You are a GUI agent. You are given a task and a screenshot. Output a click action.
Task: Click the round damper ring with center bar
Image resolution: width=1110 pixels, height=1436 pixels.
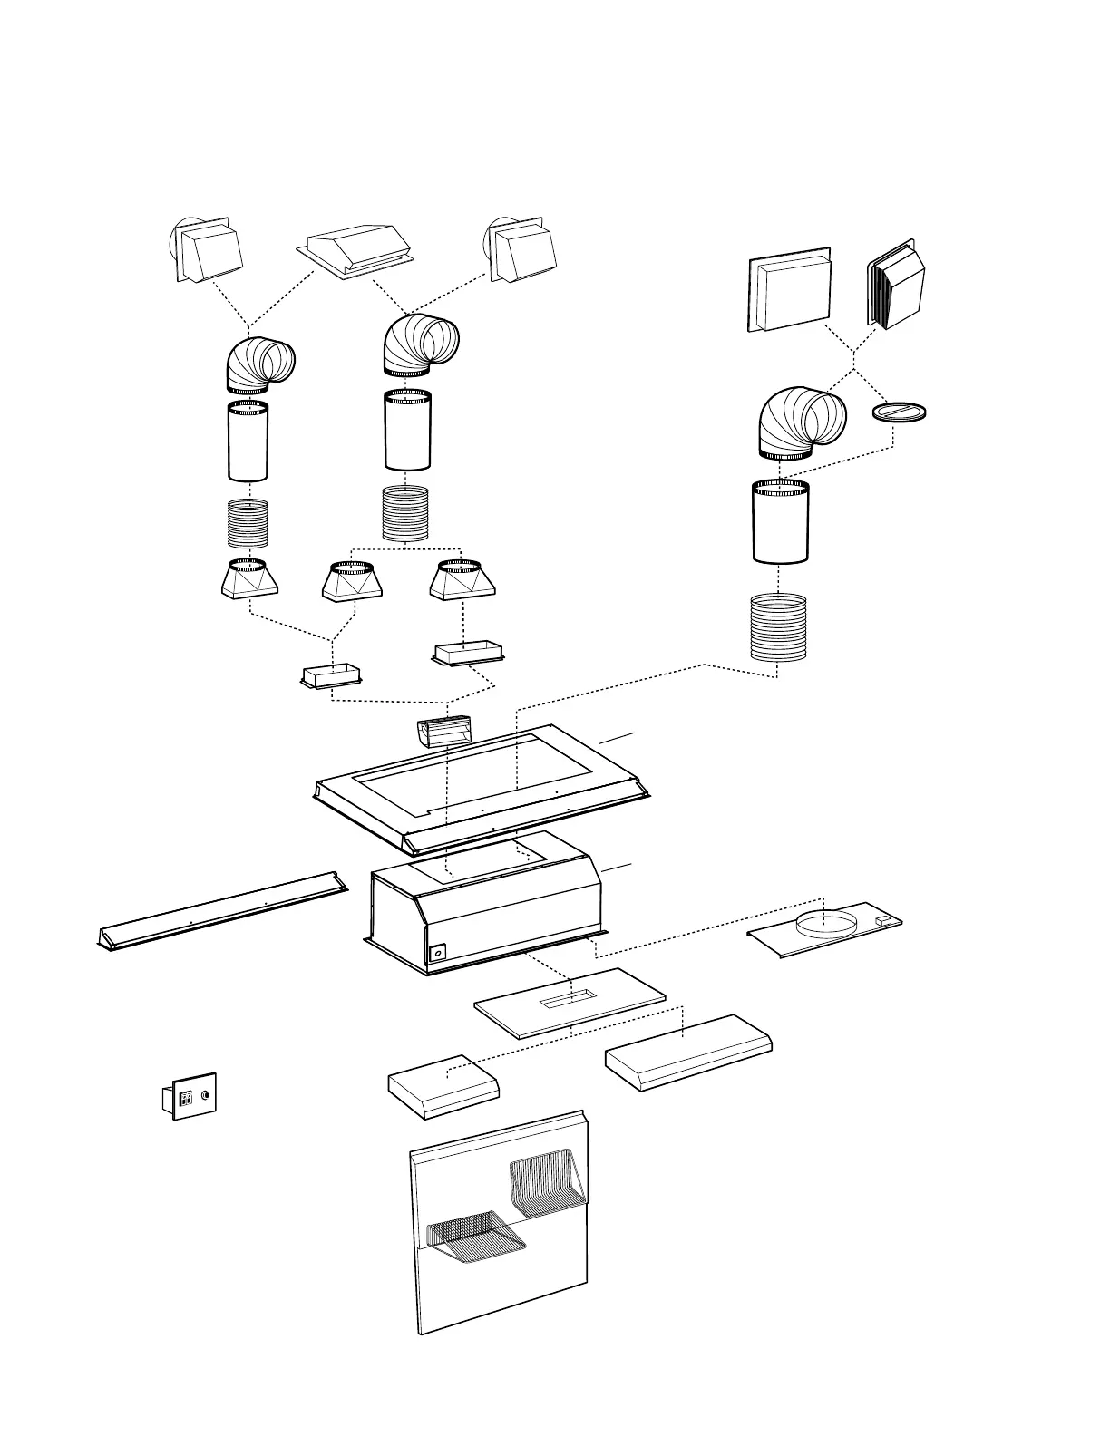(899, 412)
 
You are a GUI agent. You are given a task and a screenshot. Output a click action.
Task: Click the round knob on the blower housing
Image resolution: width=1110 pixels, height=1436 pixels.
(438, 953)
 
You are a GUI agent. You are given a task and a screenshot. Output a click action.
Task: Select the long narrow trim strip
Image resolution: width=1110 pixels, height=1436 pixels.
(222, 910)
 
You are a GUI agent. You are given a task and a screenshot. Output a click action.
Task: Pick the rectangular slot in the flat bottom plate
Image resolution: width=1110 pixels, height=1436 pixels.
(564, 1001)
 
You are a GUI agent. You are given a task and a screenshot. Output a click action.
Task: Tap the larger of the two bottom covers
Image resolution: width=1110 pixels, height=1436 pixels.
(689, 1052)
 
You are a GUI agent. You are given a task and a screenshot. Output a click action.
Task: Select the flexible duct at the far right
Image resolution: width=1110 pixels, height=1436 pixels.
(778, 627)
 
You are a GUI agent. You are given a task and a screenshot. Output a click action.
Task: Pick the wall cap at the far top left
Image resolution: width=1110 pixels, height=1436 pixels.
(208, 249)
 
